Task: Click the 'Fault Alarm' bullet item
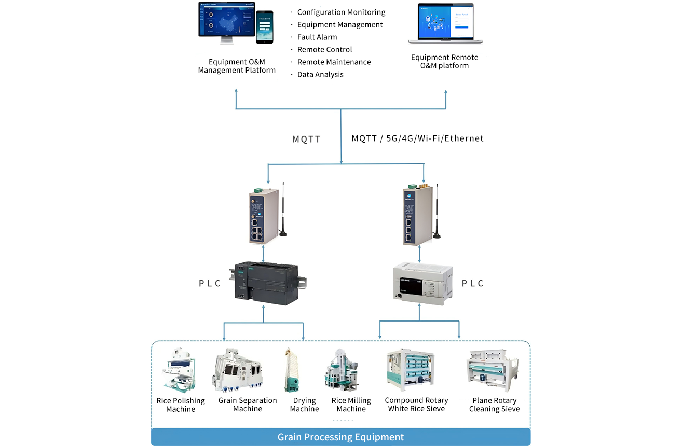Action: [317, 37]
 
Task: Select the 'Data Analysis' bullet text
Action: [320, 75]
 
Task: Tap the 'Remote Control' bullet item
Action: [324, 50]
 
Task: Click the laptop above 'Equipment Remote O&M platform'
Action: [445, 24]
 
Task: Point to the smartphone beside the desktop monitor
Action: [265, 27]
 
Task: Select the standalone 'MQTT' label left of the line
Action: [307, 140]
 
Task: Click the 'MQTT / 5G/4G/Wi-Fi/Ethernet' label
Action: [418, 138]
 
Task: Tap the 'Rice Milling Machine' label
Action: [351, 405]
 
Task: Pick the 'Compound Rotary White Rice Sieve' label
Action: [416, 405]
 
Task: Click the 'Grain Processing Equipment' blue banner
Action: [340, 437]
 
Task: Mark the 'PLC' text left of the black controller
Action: [210, 283]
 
